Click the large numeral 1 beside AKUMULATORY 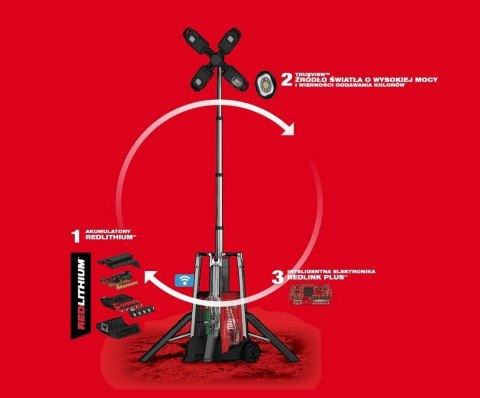click(74, 237)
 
